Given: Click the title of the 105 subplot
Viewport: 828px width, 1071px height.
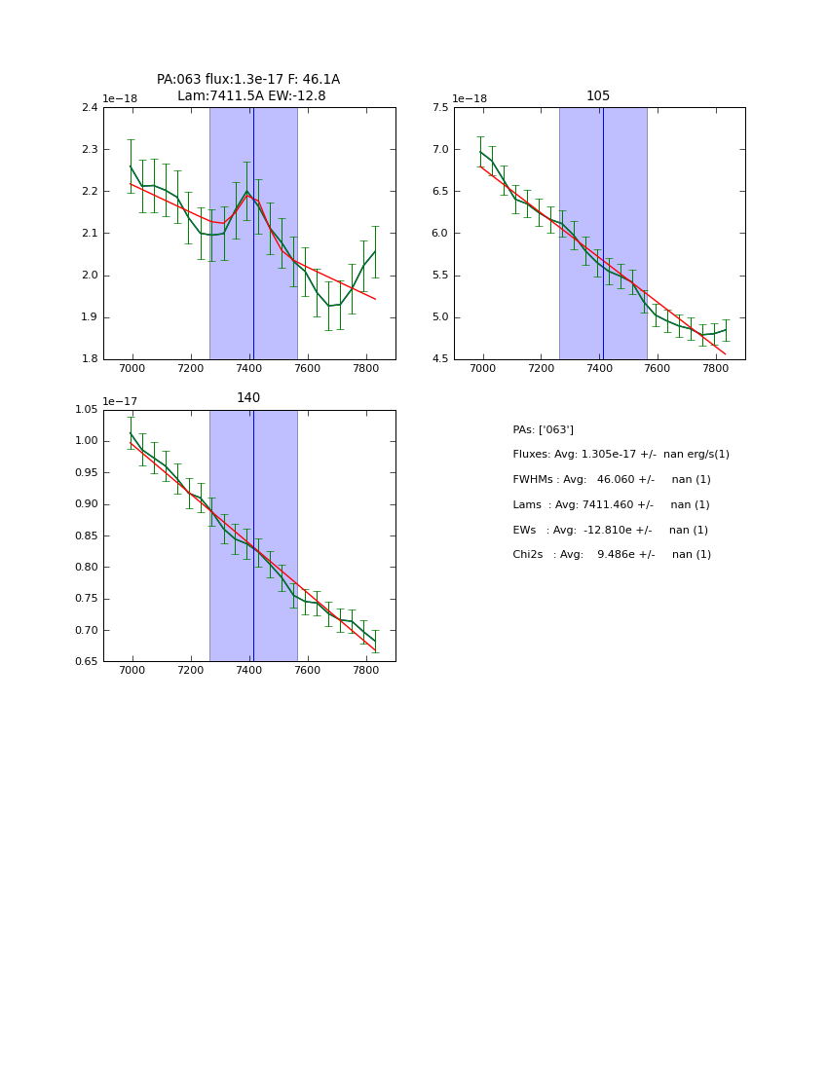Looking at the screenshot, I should coord(598,95).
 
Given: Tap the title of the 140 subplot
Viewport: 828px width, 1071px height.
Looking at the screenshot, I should coord(248,397).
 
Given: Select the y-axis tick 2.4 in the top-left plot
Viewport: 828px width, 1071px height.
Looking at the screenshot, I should coord(90,107).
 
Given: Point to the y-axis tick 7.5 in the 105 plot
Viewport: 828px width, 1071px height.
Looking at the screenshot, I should coord(439,107).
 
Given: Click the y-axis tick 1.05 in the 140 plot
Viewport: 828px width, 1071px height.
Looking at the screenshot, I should coord(86,409).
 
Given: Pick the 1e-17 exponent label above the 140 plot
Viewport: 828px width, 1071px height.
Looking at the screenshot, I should coord(120,401).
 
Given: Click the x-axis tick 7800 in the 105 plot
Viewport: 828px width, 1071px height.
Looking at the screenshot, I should coord(715,368).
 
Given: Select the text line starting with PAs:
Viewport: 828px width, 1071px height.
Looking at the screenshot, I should coord(543,429).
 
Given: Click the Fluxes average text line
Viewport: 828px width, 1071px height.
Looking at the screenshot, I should coord(621,455).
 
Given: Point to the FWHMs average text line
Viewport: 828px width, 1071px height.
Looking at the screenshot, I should coord(611,479).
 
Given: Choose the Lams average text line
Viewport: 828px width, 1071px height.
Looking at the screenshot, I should coord(611,504).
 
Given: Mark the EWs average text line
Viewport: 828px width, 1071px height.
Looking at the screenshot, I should coord(610,530).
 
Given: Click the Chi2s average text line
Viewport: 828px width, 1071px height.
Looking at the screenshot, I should coord(611,555).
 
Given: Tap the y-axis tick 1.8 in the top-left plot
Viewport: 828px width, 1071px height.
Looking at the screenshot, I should coord(90,358).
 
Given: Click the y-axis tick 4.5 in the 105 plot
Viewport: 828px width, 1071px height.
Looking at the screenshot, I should coord(439,358).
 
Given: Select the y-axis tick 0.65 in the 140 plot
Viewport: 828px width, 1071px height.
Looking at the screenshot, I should coord(86,661).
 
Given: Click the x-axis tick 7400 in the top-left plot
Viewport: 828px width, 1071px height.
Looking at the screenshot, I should coord(249,368).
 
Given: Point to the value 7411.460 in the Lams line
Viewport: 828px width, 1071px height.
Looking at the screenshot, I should coord(614,504).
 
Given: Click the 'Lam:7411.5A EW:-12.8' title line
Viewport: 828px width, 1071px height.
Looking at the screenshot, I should coord(251,95).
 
